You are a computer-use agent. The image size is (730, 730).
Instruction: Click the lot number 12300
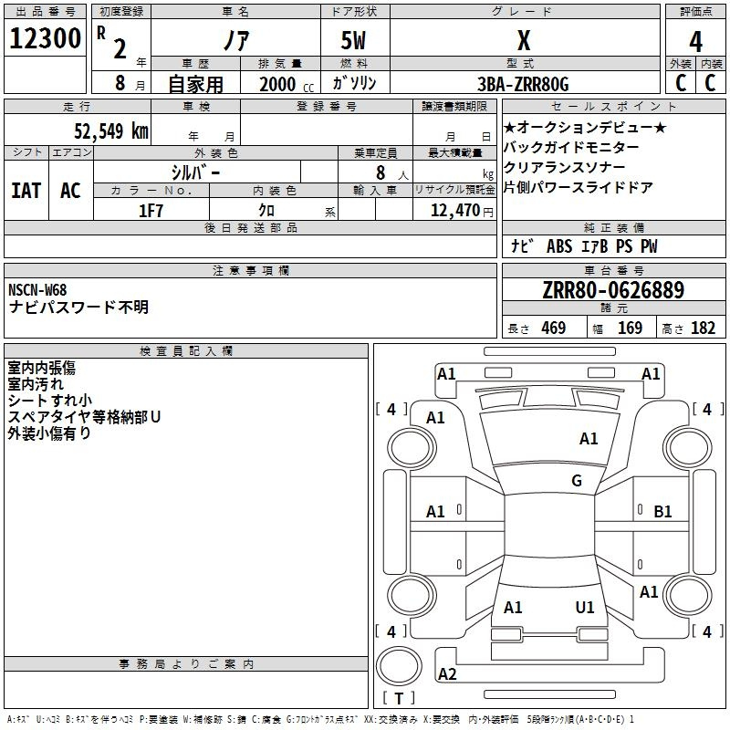[45, 38]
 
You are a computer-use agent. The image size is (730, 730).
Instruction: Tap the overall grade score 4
[695, 42]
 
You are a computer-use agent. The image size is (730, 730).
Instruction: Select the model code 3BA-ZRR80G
[523, 84]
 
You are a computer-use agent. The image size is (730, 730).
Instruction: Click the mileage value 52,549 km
[111, 131]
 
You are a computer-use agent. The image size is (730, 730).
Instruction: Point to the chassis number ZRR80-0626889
[613, 290]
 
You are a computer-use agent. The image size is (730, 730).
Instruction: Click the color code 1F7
[151, 211]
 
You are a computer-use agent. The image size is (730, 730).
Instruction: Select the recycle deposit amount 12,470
[454, 211]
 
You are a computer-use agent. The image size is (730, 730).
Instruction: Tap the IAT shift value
[26, 191]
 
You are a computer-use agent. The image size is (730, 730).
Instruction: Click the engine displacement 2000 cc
[287, 84]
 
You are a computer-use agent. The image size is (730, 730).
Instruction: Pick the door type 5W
[353, 40]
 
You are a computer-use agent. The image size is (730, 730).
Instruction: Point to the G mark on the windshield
[577, 481]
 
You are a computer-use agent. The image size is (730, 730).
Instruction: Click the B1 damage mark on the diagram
[662, 512]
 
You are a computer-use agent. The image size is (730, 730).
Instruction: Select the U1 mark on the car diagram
[585, 607]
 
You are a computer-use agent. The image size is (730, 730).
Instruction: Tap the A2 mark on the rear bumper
[447, 673]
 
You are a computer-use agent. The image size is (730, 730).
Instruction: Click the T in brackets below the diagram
[399, 698]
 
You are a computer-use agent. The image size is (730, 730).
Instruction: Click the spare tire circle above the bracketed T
[399, 665]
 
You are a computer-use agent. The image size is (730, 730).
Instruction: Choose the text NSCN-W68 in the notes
[37, 289]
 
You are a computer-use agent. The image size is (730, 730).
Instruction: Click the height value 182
[703, 328]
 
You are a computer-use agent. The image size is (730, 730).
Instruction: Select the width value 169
[630, 328]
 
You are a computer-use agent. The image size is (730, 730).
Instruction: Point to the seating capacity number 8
[381, 172]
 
